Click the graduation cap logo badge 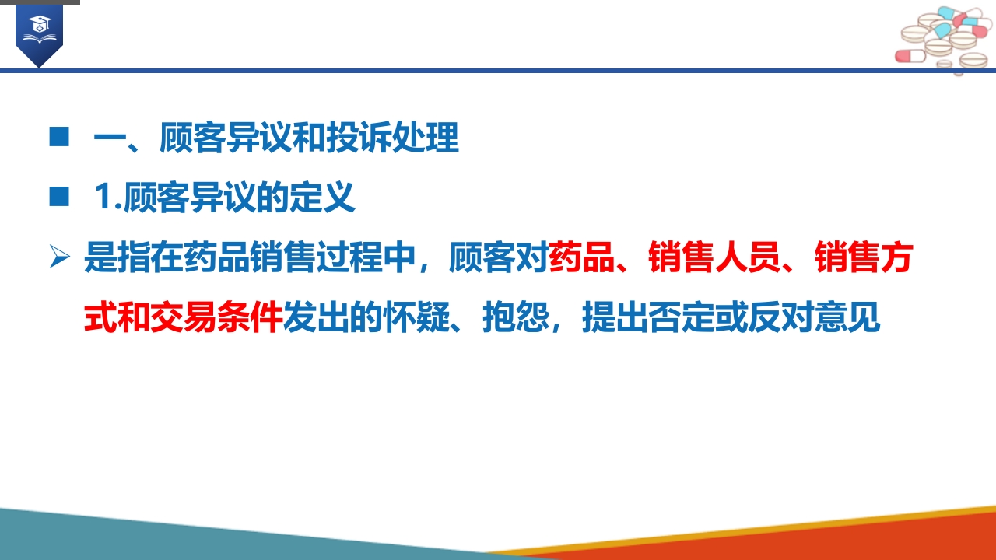(38, 32)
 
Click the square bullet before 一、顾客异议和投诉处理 (59, 137)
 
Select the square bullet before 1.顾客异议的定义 (59, 198)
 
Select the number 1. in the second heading (107, 198)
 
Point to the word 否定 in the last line (681, 319)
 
